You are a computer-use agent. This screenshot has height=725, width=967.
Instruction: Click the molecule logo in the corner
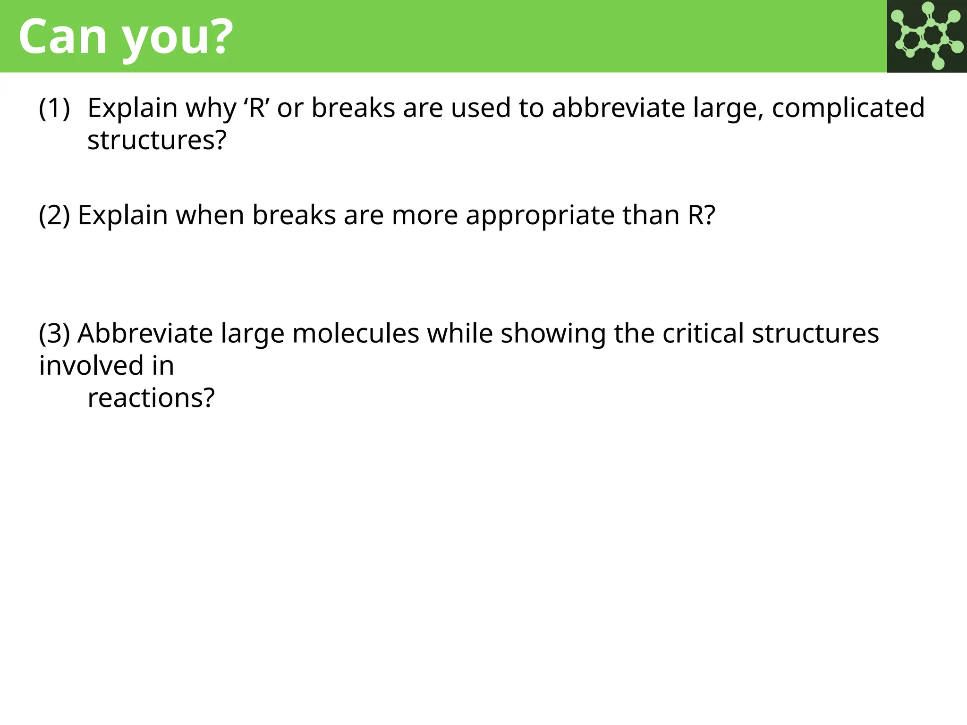[x=926, y=36]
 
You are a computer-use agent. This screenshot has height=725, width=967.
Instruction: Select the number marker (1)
[x=54, y=108]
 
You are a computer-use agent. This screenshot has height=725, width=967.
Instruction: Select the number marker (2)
[x=54, y=215]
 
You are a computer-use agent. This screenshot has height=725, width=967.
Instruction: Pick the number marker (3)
[x=54, y=334]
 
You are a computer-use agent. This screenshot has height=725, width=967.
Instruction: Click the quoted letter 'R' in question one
[x=256, y=108]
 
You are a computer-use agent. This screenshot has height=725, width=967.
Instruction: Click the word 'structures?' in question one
[x=157, y=141]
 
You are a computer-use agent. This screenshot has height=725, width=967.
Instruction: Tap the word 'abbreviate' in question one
[x=618, y=108]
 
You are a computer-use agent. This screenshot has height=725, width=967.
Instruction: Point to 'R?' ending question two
[x=701, y=215]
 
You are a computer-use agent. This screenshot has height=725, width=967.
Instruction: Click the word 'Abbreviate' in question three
[x=145, y=334]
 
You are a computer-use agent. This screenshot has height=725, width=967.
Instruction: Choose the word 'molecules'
[x=356, y=334]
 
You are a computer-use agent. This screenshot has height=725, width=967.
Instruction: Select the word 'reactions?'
[x=151, y=398]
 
